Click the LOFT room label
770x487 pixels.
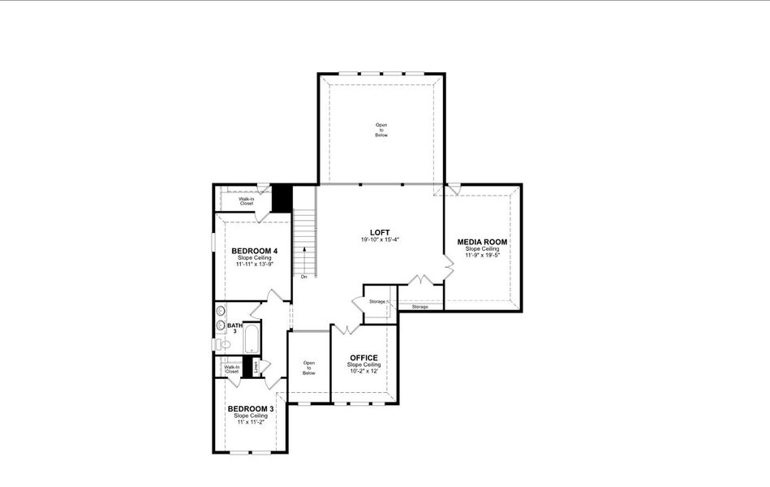pos(381,232)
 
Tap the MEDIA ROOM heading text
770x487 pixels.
pos(482,242)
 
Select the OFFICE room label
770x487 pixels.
pos(363,358)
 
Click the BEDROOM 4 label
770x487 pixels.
pos(254,251)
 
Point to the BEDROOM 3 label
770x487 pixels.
pos(250,409)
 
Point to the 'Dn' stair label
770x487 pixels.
pos(303,277)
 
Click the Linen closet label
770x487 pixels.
pos(256,366)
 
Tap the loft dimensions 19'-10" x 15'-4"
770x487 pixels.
pos(381,240)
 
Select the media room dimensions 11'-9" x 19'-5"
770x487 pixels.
pos(482,256)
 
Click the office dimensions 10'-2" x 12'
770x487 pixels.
pos(363,371)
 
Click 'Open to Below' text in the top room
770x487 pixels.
pos(381,130)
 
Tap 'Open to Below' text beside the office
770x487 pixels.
pos(309,368)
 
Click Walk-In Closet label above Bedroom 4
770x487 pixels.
pos(246,200)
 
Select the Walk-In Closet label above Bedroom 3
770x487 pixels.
pos(232,369)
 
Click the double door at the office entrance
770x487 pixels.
pos(346,328)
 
